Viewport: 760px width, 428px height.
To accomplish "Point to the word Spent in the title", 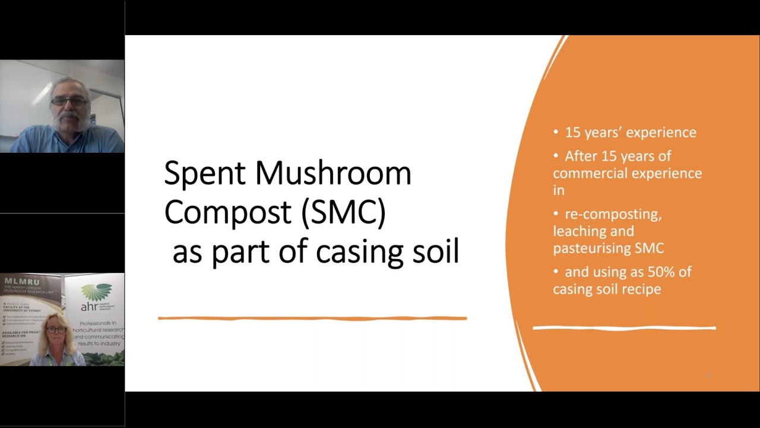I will [204, 174].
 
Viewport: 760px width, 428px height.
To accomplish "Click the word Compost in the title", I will [228, 212].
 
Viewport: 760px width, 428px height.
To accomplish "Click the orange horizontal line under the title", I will [312, 319].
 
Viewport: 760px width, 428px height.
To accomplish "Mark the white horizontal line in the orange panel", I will [624, 328].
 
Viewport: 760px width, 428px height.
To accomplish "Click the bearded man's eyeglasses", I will [69, 102].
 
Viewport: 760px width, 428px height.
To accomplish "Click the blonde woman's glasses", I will [57, 330].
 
